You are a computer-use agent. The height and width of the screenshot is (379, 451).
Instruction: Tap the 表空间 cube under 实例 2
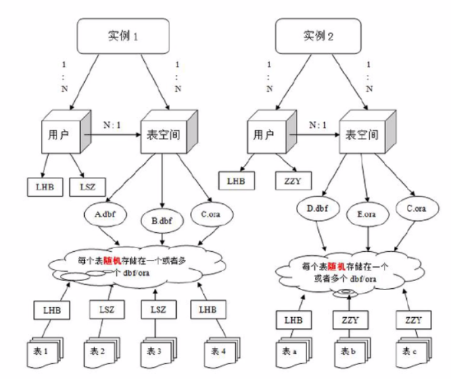click(x=361, y=136)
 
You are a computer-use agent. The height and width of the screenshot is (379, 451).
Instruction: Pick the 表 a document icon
click(x=291, y=349)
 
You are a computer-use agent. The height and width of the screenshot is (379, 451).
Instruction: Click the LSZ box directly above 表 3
click(x=158, y=309)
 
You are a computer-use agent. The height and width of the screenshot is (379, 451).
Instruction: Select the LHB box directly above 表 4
click(x=206, y=309)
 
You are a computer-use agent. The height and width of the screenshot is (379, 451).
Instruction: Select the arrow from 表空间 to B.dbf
click(x=161, y=181)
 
